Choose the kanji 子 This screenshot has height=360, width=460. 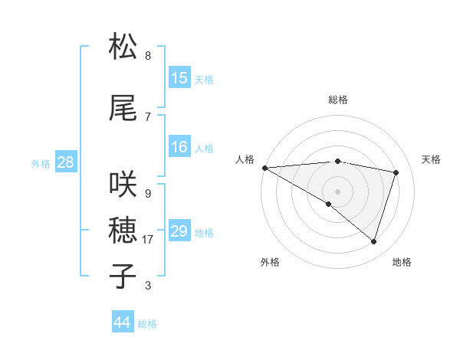click(x=123, y=277)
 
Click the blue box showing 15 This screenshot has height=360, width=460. click(x=179, y=78)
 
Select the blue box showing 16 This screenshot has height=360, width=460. click(x=179, y=147)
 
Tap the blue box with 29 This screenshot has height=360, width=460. click(x=179, y=231)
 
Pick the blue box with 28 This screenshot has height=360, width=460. click(x=65, y=162)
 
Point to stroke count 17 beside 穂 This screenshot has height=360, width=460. click(x=148, y=240)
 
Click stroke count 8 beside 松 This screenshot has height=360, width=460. click(x=148, y=56)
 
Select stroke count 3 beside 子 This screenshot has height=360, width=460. click(x=148, y=286)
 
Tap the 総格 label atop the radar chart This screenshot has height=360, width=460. click(x=337, y=100)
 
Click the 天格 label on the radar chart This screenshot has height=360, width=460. click(x=432, y=159)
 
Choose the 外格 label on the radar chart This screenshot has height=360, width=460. click(x=270, y=262)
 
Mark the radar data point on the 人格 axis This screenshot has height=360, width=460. click(x=264, y=167)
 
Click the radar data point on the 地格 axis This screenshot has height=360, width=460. click(x=373, y=241)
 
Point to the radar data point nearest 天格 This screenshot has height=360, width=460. click(x=396, y=172)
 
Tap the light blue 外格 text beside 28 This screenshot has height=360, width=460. click(x=41, y=163)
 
